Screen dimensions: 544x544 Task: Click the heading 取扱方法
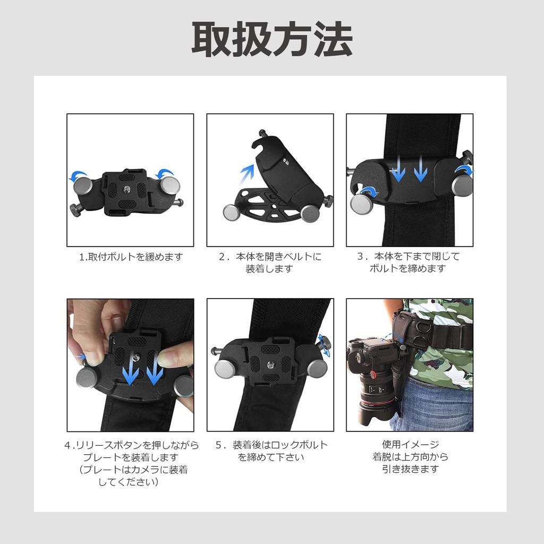click(x=271, y=39)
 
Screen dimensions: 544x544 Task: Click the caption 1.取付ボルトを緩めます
click(x=131, y=257)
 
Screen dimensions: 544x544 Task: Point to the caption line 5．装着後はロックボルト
click(x=271, y=445)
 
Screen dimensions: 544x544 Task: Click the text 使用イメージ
click(x=410, y=445)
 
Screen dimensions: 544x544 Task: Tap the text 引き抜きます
click(x=410, y=469)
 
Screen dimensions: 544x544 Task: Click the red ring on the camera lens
click(x=372, y=375)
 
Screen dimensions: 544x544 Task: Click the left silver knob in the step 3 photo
click(x=361, y=202)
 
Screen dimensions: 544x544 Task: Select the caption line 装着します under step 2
click(x=269, y=269)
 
